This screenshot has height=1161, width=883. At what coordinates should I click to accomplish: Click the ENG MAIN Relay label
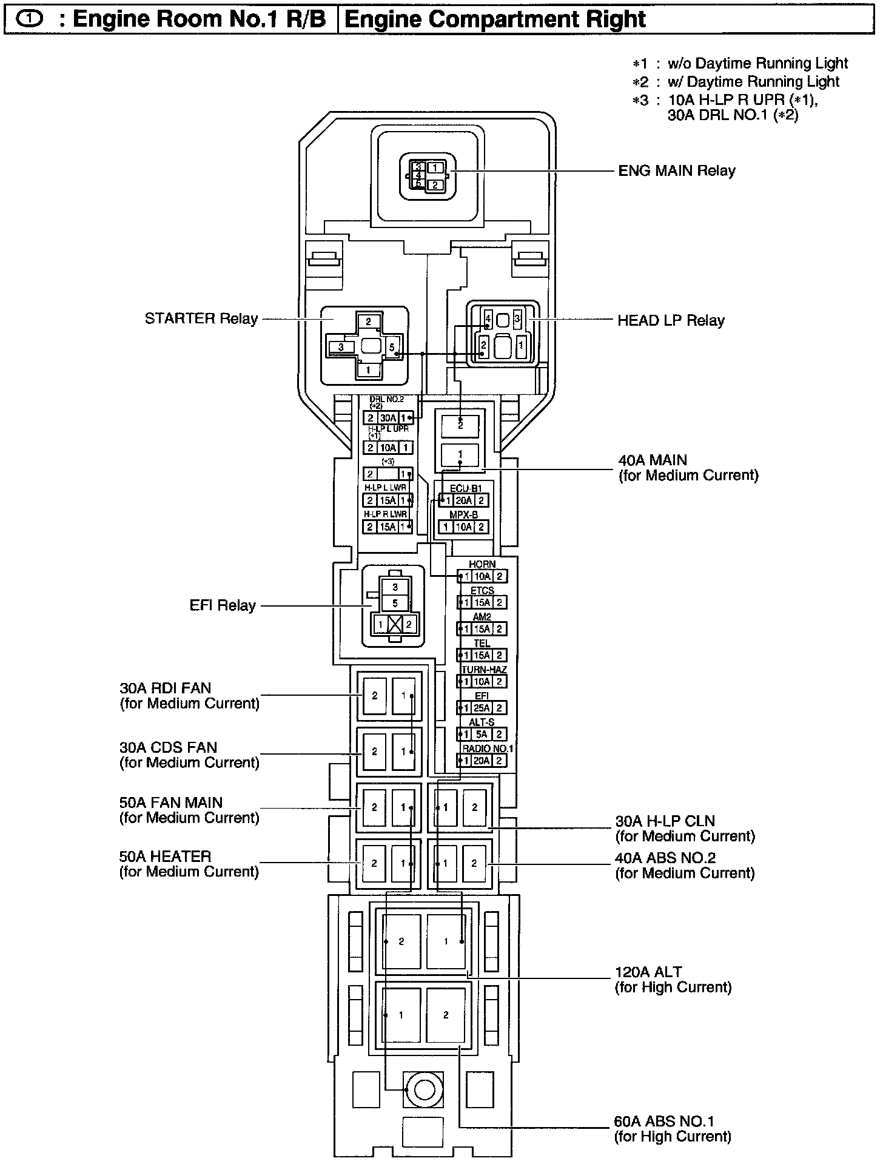(x=676, y=170)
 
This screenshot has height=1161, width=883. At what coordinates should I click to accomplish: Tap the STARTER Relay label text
(x=201, y=318)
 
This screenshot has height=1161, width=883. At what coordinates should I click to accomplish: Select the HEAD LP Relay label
(x=671, y=320)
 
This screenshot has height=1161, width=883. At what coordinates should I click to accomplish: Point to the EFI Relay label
(x=223, y=605)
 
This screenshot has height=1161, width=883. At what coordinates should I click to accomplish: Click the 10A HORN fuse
(x=482, y=576)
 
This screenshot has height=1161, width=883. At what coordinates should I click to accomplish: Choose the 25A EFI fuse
(x=482, y=708)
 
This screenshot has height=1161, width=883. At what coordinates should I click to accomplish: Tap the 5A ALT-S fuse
(x=482, y=734)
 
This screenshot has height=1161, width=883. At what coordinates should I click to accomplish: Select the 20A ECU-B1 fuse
(x=463, y=500)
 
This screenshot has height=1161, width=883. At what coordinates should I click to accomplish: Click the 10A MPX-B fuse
(x=463, y=527)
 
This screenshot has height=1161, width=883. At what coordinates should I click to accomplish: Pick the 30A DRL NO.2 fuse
(x=388, y=418)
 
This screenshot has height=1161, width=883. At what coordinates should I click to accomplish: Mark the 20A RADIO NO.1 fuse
(x=482, y=761)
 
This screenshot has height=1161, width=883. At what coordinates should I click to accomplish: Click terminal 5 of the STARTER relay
(x=392, y=348)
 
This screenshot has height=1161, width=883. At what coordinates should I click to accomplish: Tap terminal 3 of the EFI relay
(x=395, y=587)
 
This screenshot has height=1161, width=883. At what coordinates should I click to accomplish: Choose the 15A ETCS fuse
(x=482, y=603)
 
